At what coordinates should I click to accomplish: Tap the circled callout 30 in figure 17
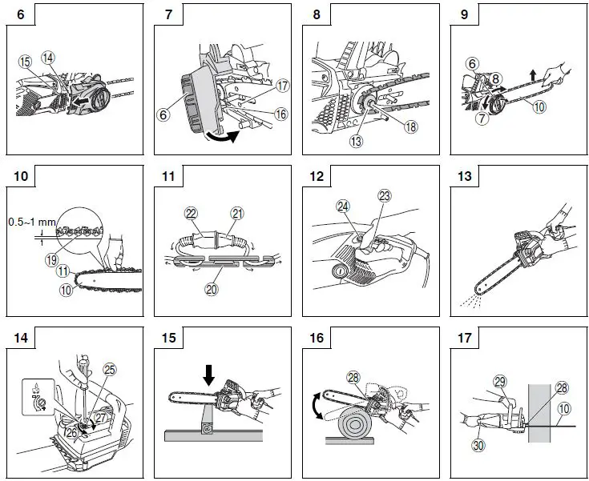tap(480, 445)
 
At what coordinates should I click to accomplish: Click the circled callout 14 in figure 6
tap(48, 57)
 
